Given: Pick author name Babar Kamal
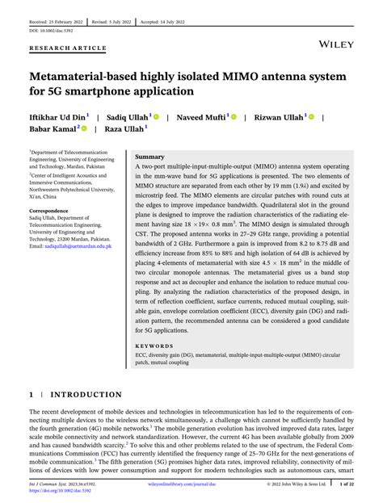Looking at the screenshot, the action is pyautogui.click(x=51, y=128).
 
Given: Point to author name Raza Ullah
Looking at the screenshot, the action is pyautogui.click(x=124, y=128).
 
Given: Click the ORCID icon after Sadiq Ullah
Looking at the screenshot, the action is pyautogui.click(x=156, y=117).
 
